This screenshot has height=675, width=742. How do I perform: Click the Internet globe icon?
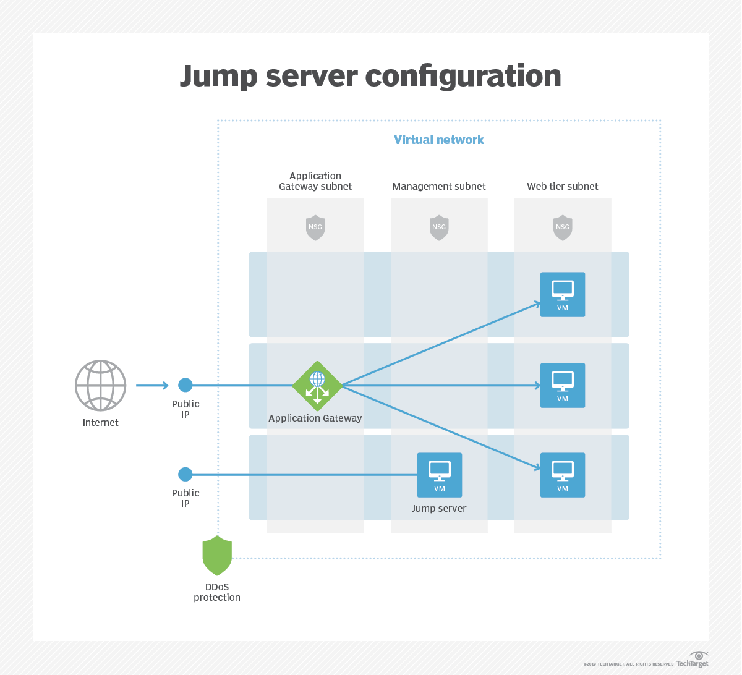click(100, 385)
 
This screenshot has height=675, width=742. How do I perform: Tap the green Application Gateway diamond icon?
click(317, 386)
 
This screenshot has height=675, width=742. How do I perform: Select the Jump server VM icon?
click(440, 475)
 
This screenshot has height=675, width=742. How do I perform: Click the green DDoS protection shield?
click(217, 555)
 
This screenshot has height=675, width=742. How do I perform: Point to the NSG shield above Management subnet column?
click(439, 227)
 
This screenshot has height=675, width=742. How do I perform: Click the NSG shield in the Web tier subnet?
click(563, 227)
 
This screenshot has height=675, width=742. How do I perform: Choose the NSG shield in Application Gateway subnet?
click(315, 227)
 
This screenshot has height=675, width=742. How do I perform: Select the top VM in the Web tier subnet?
click(563, 295)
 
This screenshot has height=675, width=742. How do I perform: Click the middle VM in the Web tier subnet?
click(563, 386)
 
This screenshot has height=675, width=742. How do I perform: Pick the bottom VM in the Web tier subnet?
click(563, 475)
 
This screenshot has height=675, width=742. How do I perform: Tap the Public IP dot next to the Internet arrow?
click(185, 385)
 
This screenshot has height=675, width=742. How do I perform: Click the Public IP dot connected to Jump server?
click(185, 475)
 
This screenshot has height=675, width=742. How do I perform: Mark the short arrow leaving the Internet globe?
click(152, 386)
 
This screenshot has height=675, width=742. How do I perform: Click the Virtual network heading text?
click(439, 140)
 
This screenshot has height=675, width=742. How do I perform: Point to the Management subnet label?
click(439, 186)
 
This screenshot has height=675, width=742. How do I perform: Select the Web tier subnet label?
click(563, 186)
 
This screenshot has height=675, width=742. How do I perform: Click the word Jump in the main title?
click(219, 77)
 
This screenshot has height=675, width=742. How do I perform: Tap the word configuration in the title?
click(463, 77)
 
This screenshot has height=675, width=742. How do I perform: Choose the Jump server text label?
click(439, 509)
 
